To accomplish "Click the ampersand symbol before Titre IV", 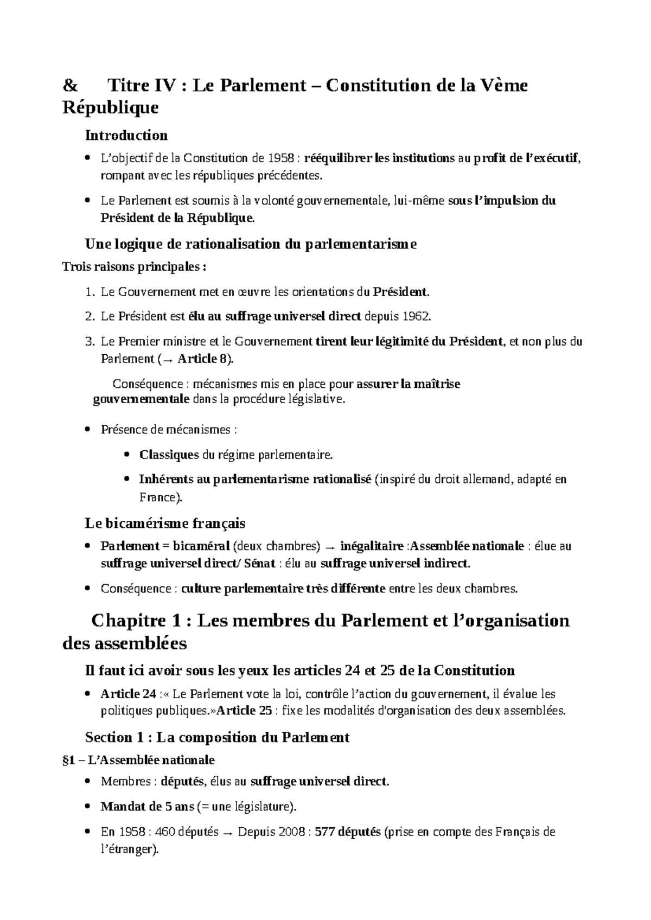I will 70,86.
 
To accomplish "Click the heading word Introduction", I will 126,135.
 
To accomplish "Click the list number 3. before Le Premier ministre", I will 90,342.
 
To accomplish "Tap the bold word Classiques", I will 169,455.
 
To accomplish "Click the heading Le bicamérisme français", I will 165,523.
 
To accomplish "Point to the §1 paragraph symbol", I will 69,760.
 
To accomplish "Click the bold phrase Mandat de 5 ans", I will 147,807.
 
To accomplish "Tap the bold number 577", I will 324,832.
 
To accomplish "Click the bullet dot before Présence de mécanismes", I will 88,430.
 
